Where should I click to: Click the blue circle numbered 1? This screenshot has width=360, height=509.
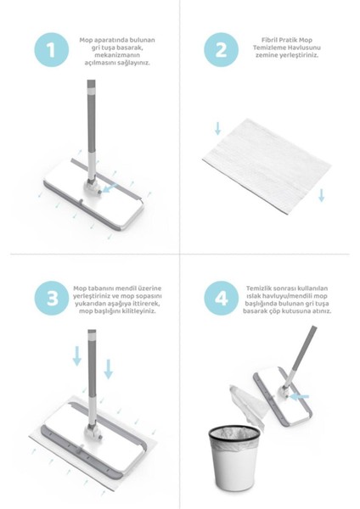tap(51, 50)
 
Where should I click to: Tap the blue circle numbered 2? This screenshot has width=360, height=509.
tap(222, 50)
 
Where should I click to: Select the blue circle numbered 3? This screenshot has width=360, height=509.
tap(51, 298)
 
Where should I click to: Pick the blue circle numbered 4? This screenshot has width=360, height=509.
tap(222, 298)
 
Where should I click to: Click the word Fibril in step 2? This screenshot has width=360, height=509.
tap(268, 40)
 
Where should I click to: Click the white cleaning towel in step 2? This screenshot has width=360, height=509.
tap(267, 166)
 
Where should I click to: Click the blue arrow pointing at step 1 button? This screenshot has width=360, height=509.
tap(109, 188)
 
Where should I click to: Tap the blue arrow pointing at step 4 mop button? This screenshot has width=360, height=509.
tap(299, 396)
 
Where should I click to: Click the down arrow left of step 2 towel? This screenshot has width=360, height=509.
tap(217, 128)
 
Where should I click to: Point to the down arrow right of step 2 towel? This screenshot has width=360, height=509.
tap(321, 195)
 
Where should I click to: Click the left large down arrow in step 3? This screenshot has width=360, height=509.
tap(77, 355)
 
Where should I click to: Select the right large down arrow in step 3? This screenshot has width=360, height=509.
tap(108, 369)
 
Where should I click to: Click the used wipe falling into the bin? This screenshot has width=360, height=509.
tap(247, 404)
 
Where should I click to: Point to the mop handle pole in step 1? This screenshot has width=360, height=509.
tap(92, 130)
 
